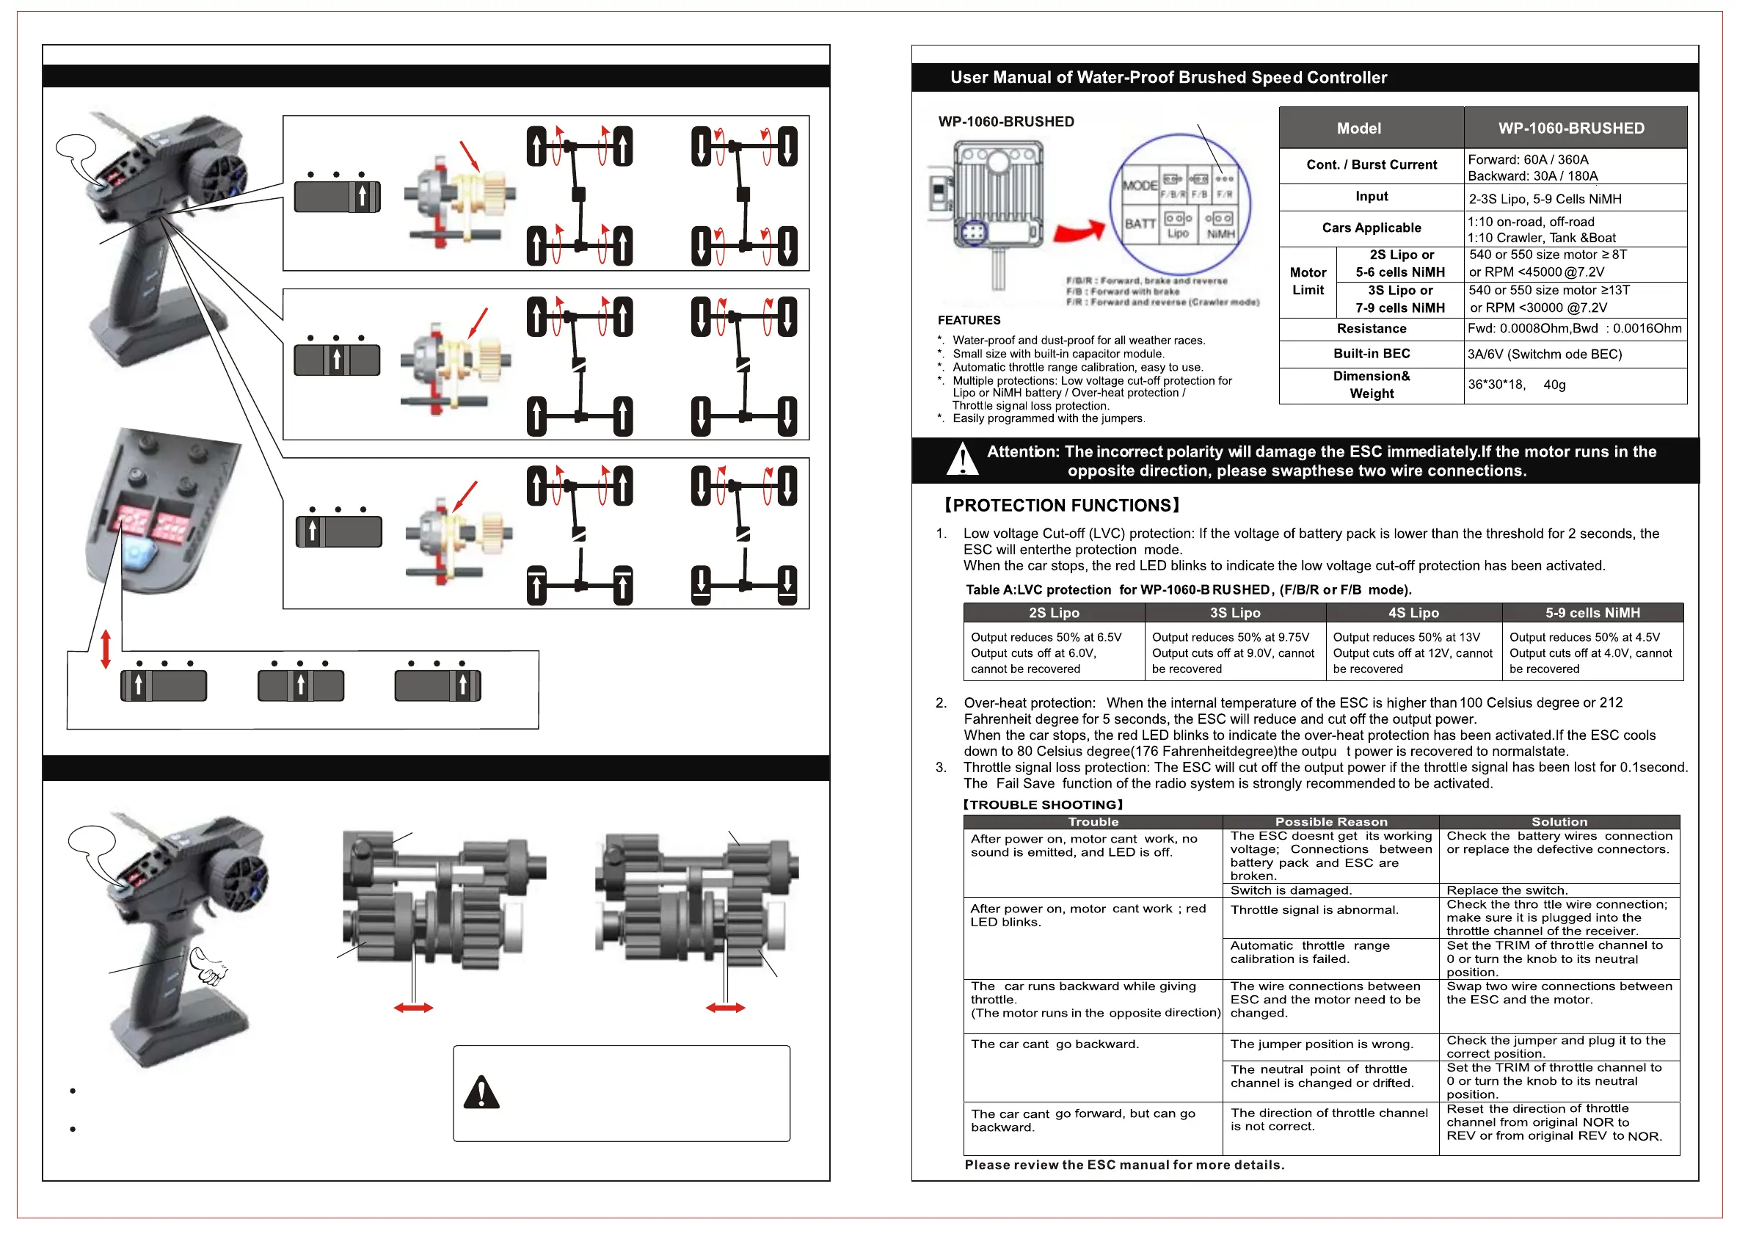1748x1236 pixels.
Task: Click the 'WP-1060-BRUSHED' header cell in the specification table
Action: coord(1570,128)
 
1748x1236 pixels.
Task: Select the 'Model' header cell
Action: coord(1358,128)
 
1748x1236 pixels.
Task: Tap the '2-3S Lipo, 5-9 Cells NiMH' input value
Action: coord(1545,199)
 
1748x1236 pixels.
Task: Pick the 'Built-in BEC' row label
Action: coord(1371,353)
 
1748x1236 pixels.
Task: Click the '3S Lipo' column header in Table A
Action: coord(1235,612)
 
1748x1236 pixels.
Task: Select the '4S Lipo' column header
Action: coord(1413,612)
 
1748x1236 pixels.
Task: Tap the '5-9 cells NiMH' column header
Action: coord(1592,612)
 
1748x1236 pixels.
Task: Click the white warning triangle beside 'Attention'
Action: coord(963,460)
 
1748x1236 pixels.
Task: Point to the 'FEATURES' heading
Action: coord(969,320)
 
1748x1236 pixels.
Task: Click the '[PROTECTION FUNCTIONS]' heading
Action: coord(1061,505)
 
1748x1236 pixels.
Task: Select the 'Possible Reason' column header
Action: coord(1330,822)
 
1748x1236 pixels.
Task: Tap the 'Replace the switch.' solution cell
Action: coord(1506,890)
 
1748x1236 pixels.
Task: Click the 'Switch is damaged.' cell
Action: coord(1290,890)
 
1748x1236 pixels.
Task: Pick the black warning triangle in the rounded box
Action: coord(481,1093)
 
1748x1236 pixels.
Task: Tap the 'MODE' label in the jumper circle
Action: coord(1140,185)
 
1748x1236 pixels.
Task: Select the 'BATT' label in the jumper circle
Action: coord(1140,223)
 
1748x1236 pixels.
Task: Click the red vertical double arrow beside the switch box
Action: coord(106,649)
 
